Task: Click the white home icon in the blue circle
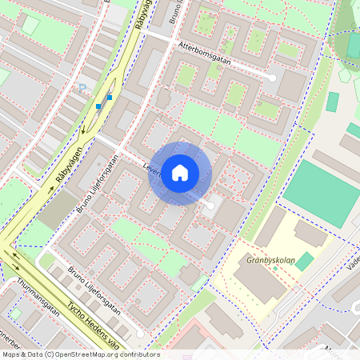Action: tap(180, 173)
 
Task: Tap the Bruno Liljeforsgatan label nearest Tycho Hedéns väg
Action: tap(94, 293)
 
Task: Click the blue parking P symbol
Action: tap(82, 86)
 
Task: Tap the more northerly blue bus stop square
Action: tap(110, 98)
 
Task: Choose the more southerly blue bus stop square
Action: tap(98, 106)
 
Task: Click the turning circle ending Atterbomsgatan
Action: tap(272, 78)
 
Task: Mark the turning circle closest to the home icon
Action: tap(210, 206)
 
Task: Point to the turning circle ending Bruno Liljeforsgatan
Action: tap(139, 333)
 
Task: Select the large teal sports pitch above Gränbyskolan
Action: tap(318, 192)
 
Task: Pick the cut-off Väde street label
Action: tap(353, 264)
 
